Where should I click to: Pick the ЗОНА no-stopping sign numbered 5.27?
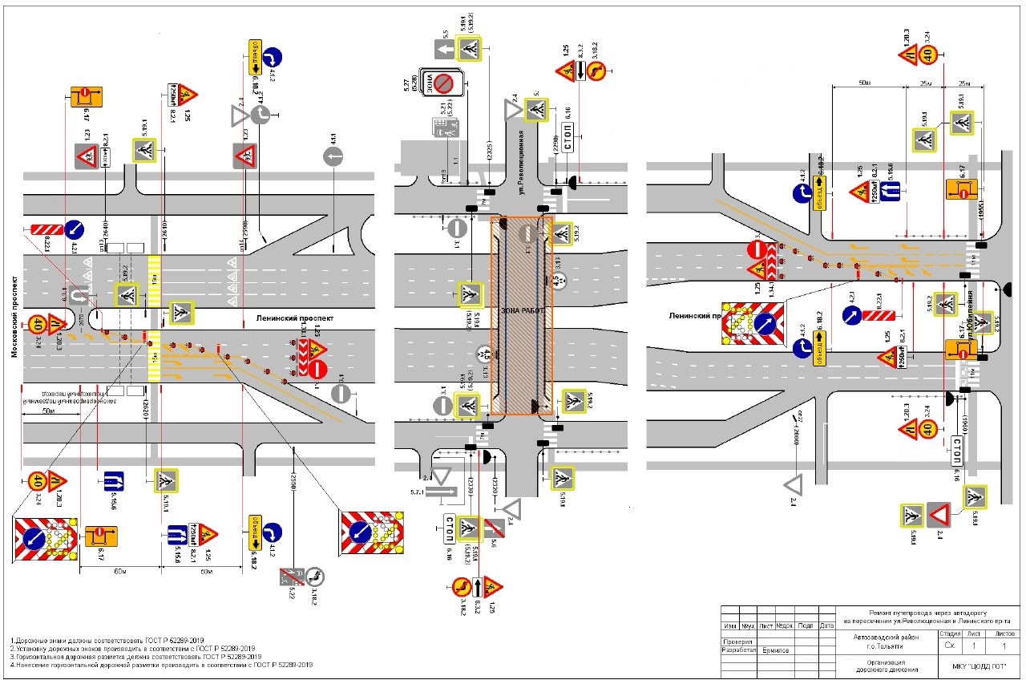click(445, 83)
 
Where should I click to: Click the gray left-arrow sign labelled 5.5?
click(446, 51)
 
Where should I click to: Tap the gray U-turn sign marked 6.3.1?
click(78, 296)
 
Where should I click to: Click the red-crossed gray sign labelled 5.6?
click(494, 528)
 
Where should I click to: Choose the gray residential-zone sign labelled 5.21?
click(443, 127)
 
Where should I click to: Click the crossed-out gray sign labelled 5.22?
click(288, 576)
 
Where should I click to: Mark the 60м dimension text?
click(121, 570)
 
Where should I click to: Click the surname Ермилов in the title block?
click(775, 650)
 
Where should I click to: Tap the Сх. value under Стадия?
click(949, 645)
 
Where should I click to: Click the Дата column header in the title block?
click(827, 625)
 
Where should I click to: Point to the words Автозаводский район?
click(885, 637)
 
